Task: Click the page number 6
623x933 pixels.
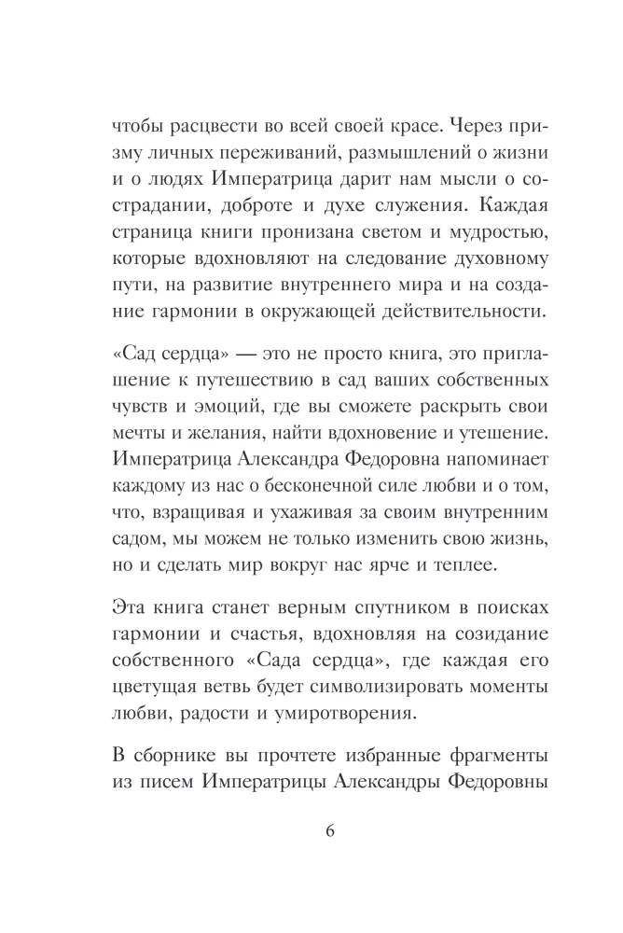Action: pyautogui.click(x=311, y=832)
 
